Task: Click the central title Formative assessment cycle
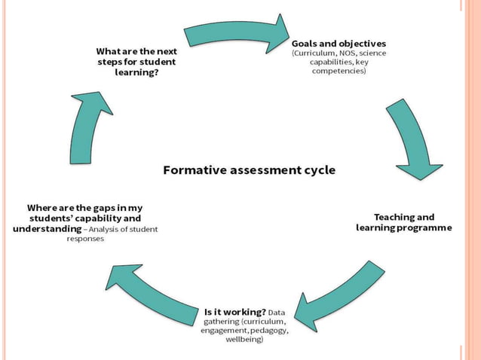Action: pos(250,170)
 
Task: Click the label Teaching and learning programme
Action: pos(404,222)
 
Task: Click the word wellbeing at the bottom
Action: pos(244,340)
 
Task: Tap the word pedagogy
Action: pos(267,330)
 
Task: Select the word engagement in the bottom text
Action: pos(222,330)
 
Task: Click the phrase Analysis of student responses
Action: pos(113,233)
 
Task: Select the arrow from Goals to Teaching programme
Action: pos(412,140)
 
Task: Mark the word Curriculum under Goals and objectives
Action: pos(316,53)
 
